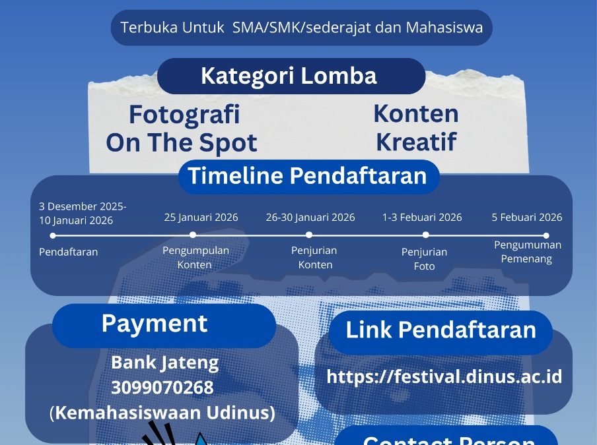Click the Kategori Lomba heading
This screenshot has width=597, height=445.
289,76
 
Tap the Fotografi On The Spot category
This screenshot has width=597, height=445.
182,128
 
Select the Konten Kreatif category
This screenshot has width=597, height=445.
416,127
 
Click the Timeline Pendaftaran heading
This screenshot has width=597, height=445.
308,175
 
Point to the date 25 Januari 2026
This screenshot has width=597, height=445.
201,218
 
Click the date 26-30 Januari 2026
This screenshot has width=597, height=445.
310,218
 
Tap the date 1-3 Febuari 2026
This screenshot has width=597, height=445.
422,218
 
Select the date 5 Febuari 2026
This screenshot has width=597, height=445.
527,218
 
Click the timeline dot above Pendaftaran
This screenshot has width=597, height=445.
53,235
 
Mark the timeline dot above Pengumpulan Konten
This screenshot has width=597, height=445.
193,235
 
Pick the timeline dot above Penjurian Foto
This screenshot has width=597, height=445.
426,235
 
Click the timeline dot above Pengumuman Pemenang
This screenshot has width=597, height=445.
546,235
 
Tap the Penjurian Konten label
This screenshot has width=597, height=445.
314,257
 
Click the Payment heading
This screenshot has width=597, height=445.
155,324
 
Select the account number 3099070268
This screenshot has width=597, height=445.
162,388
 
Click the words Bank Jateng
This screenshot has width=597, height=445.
165,363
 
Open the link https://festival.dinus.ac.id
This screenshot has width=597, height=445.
444,376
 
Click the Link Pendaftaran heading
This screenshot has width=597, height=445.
441,330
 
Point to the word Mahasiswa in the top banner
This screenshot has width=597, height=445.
444,28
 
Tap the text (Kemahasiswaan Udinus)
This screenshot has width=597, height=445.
162,413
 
